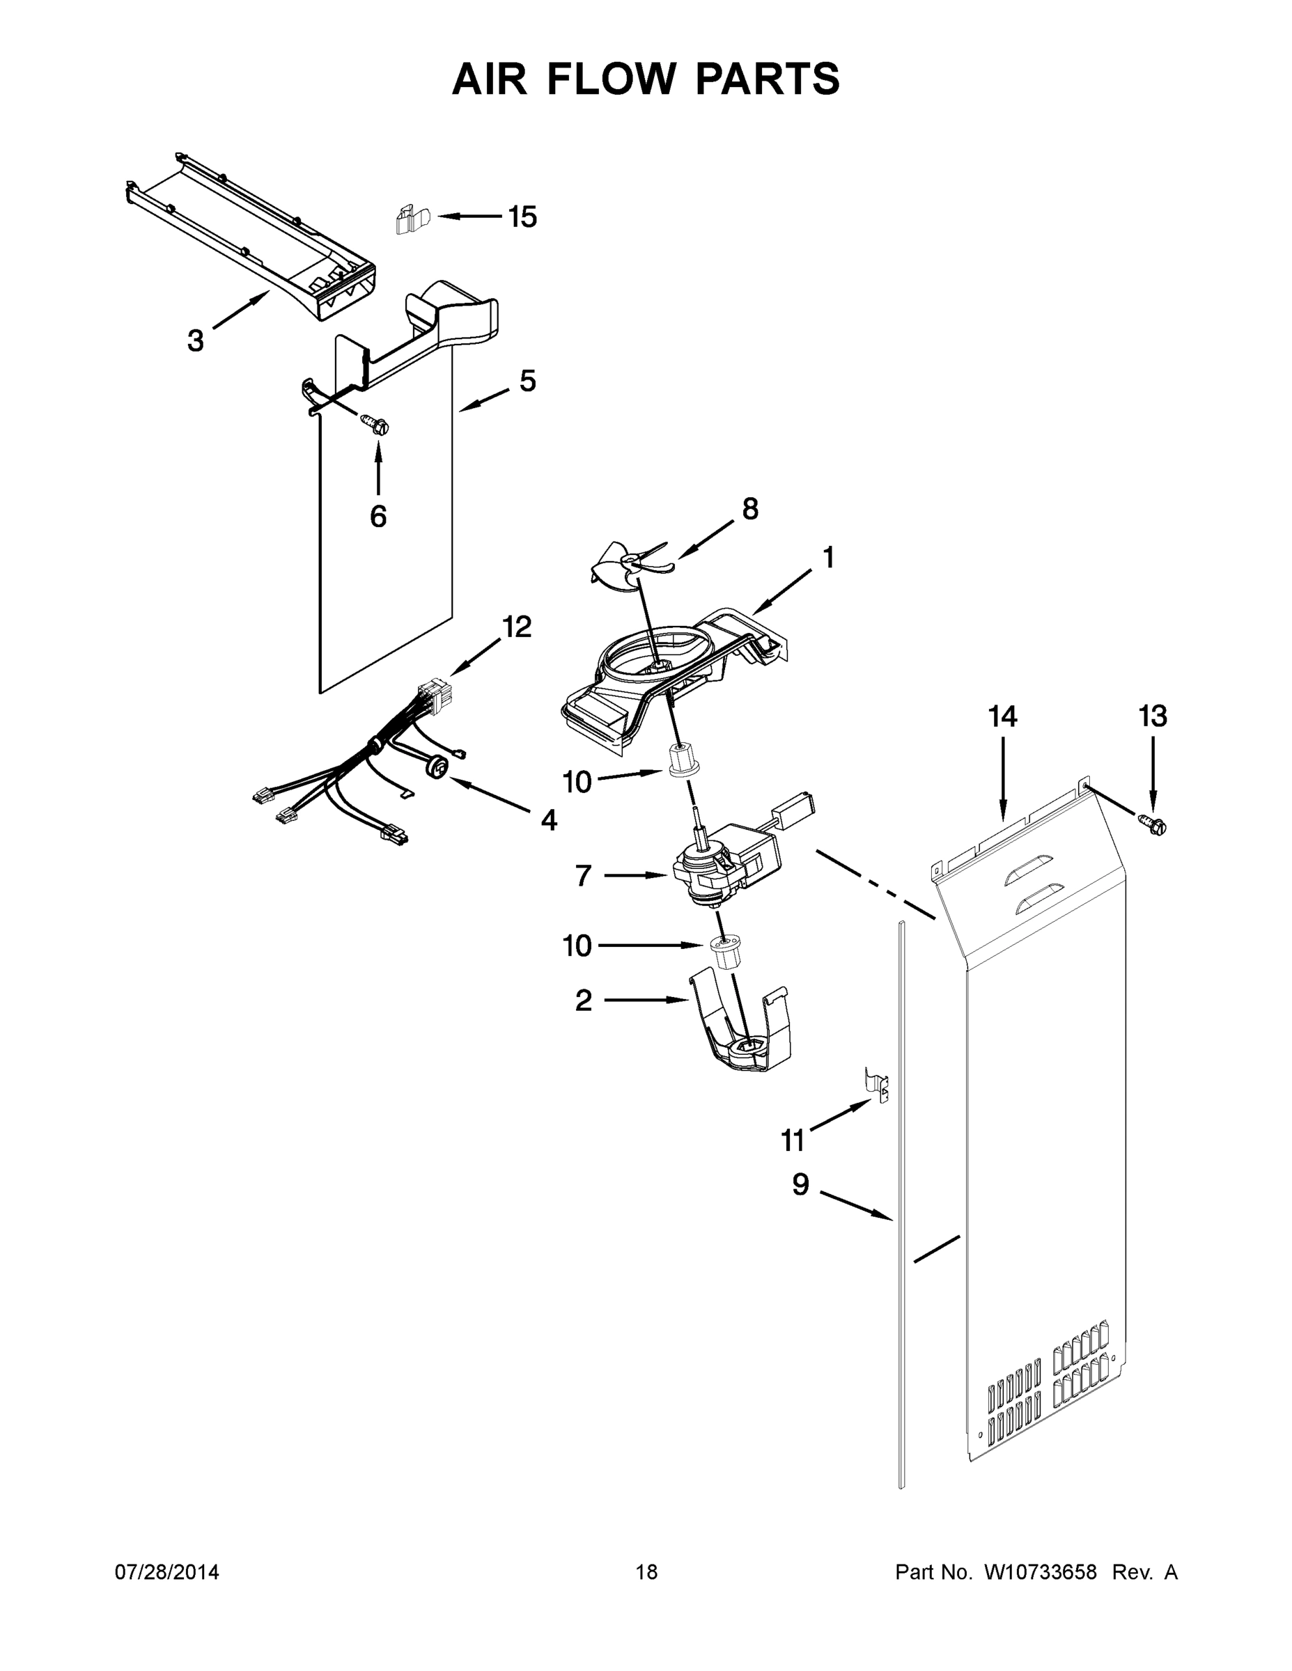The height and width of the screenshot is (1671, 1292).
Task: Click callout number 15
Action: click(x=523, y=217)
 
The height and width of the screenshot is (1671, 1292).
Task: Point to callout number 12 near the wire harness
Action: click(x=517, y=627)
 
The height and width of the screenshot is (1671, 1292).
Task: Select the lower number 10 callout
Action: click(x=577, y=946)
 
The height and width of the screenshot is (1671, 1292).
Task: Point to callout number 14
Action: click(x=1002, y=717)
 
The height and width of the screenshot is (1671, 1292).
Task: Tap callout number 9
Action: click(x=800, y=1184)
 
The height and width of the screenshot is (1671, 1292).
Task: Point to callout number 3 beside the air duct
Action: click(x=196, y=340)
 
